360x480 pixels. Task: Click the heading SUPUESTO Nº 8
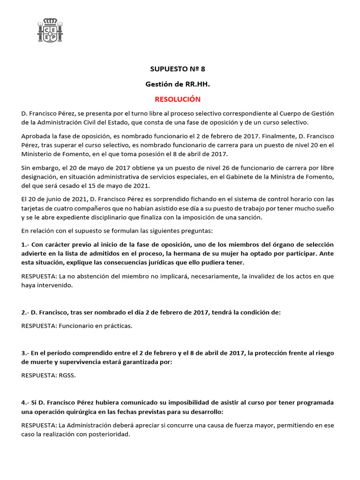pyautogui.click(x=178, y=69)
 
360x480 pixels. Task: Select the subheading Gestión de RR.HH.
pyautogui.click(x=178, y=84)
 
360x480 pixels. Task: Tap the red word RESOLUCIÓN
pyautogui.click(x=178, y=99)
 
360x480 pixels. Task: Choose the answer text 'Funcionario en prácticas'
pyautogui.click(x=96, y=326)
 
